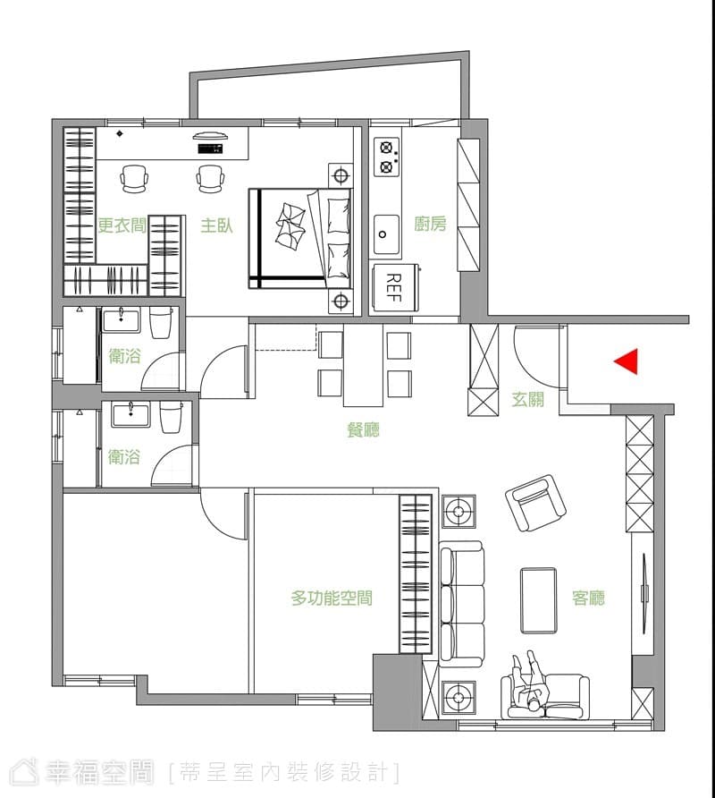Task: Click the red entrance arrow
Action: coord(628,361)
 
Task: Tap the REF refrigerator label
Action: coord(393,287)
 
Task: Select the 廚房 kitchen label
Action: coord(430,224)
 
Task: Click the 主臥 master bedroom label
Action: coord(216,225)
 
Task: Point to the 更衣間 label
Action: coord(122,225)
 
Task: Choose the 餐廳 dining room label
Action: coord(363,430)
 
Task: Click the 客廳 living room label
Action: coord(588,598)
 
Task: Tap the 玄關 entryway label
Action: coord(528,399)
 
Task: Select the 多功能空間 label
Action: coord(332,598)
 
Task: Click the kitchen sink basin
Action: coord(387,233)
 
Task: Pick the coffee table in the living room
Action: coord(539,600)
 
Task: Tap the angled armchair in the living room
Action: coord(535,503)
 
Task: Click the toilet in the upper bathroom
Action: coord(161,324)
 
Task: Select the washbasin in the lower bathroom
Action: coord(131,415)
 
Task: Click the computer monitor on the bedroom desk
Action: coord(209,136)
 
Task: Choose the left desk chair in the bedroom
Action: coord(135,179)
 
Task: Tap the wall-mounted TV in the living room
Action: coord(644,593)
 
